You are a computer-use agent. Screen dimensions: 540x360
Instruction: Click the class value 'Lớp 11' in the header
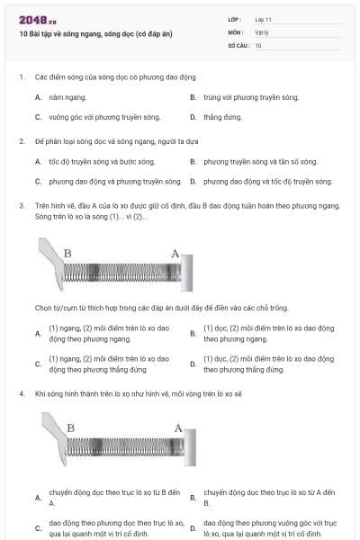point(264,19)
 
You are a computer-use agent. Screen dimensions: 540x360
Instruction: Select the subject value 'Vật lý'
point(262,31)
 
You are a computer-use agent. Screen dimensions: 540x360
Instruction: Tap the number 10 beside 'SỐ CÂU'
point(259,44)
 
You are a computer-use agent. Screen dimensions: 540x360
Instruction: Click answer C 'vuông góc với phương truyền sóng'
point(96,117)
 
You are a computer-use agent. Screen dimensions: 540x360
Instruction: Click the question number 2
point(21,141)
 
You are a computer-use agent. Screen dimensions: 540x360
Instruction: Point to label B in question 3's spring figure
point(67,253)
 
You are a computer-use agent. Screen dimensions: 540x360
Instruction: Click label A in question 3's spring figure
point(175,253)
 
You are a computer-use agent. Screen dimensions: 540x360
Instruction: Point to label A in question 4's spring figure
point(178,427)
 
